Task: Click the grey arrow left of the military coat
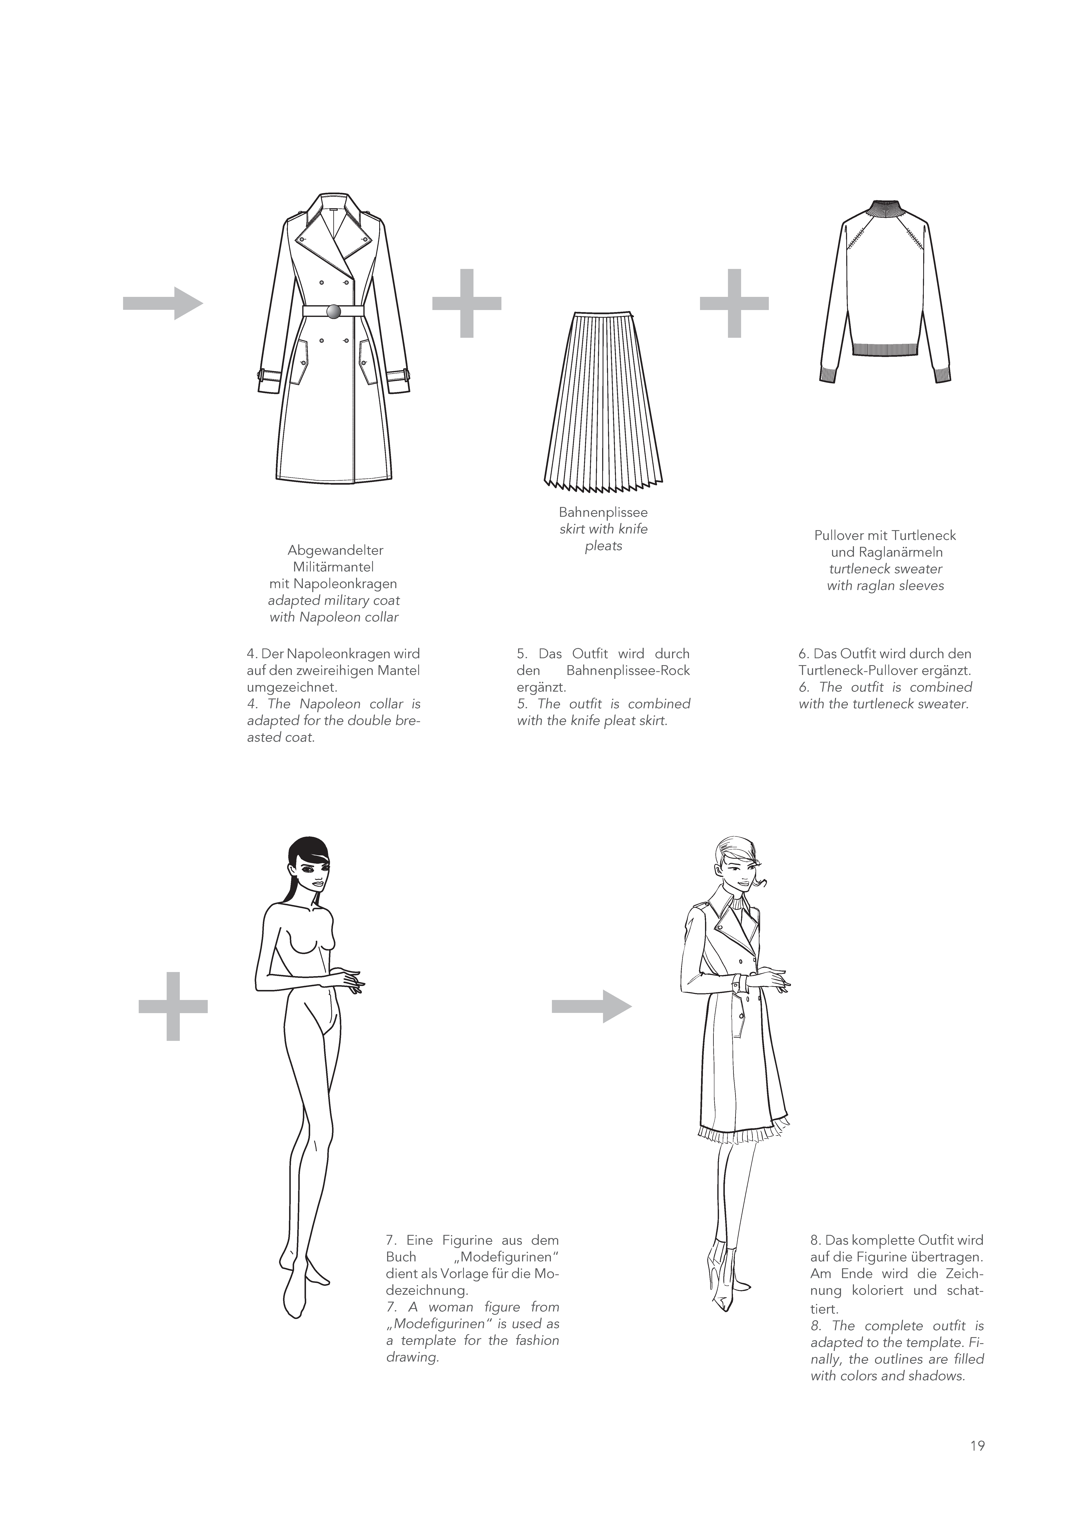163,304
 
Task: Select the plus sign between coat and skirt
467,304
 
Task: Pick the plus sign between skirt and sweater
734,304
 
